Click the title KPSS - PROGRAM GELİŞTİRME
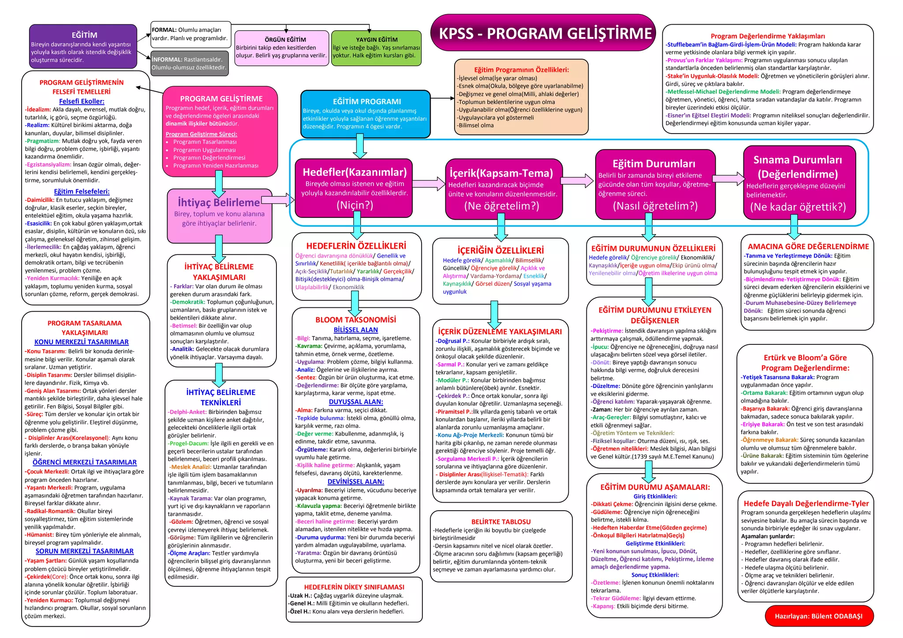(545, 34)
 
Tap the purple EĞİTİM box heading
(84, 35)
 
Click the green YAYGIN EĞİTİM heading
(376, 40)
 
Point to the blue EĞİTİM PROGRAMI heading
(366, 101)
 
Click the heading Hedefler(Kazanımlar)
(354, 172)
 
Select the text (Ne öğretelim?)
(501, 206)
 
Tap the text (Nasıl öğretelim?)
(655, 206)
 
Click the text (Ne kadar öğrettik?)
(798, 207)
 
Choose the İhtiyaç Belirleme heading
(219, 203)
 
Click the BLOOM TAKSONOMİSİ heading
(355, 320)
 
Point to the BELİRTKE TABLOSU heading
(501, 522)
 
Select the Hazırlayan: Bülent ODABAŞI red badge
(818, 616)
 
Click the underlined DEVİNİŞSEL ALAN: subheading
(355, 481)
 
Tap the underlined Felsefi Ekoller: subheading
(82, 101)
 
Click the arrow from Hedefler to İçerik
(429, 183)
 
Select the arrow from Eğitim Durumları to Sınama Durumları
(728, 178)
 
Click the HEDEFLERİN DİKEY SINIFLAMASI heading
(354, 587)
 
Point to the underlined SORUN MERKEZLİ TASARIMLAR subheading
(84, 551)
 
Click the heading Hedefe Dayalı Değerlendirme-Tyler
(806, 504)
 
